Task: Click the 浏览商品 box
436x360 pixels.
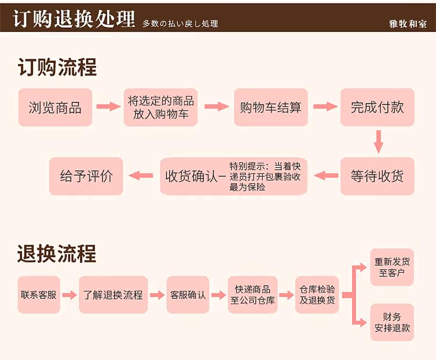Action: [x=55, y=108]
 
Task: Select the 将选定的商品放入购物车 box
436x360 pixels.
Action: [x=160, y=108]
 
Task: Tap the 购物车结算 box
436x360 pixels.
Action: [x=271, y=108]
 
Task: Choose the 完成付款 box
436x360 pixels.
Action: [x=377, y=108]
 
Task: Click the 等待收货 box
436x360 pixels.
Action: [x=377, y=176]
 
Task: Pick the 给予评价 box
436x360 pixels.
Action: [x=86, y=176]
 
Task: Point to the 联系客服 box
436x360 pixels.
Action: [x=38, y=295]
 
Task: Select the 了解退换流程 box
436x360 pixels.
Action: [x=113, y=295]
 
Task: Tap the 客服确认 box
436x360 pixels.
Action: [x=188, y=295]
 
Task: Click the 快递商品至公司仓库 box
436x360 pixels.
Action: [x=252, y=295]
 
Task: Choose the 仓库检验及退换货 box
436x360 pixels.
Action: [x=317, y=295]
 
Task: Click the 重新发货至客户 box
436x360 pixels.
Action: [x=392, y=267]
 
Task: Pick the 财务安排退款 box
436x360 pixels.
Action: [x=392, y=322]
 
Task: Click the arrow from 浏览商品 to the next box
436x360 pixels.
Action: [x=108, y=107]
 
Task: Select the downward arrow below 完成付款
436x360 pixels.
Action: [x=378, y=141]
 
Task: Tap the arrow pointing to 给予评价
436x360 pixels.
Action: [x=141, y=175]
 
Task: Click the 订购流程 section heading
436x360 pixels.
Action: [x=57, y=68]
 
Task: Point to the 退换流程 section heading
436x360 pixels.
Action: [x=57, y=254]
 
